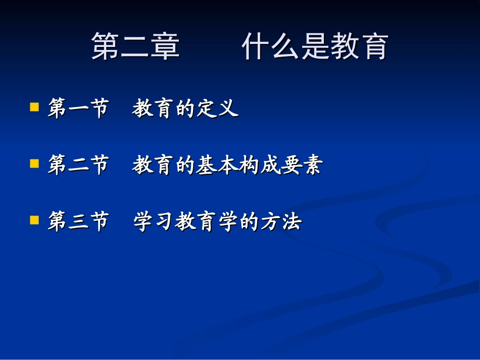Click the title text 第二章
pos(135,47)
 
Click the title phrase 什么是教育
pos(315,47)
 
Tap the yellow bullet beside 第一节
pos(34,107)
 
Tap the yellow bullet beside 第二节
pos(34,164)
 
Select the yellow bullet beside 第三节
pos(34,220)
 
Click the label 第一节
pos(78,109)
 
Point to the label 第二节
pos(78,165)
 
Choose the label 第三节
pos(78,222)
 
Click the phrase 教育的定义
pos(185,109)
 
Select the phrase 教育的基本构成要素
pos(227,165)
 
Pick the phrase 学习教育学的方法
pos(217,222)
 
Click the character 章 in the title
pos(165,47)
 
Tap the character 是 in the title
pos(315,47)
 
